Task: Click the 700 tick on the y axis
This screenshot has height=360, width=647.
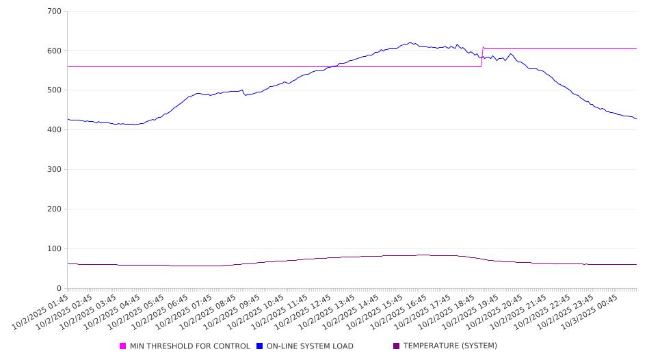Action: (55, 12)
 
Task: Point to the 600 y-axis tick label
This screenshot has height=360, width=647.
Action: (55, 51)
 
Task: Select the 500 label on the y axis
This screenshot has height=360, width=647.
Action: (55, 90)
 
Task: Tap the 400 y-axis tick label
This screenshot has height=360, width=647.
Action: (55, 130)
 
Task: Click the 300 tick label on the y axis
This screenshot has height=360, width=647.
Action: (55, 170)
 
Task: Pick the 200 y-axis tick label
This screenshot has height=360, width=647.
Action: (55, 209)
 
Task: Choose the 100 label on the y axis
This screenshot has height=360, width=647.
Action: (55, 249)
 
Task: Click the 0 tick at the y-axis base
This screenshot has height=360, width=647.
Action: (60, 288)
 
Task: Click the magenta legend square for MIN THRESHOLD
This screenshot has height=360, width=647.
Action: (123, 346)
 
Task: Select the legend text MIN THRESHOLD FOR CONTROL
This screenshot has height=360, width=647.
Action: (189, 346)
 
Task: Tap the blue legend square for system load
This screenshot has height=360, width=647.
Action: (260, 346)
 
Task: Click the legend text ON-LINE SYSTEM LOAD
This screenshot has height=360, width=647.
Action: (310, 346)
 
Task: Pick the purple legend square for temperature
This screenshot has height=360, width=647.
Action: (397, 346)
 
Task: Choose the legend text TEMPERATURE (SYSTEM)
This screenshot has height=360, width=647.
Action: (450, 346)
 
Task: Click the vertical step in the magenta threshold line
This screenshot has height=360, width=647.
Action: (482, 57)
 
